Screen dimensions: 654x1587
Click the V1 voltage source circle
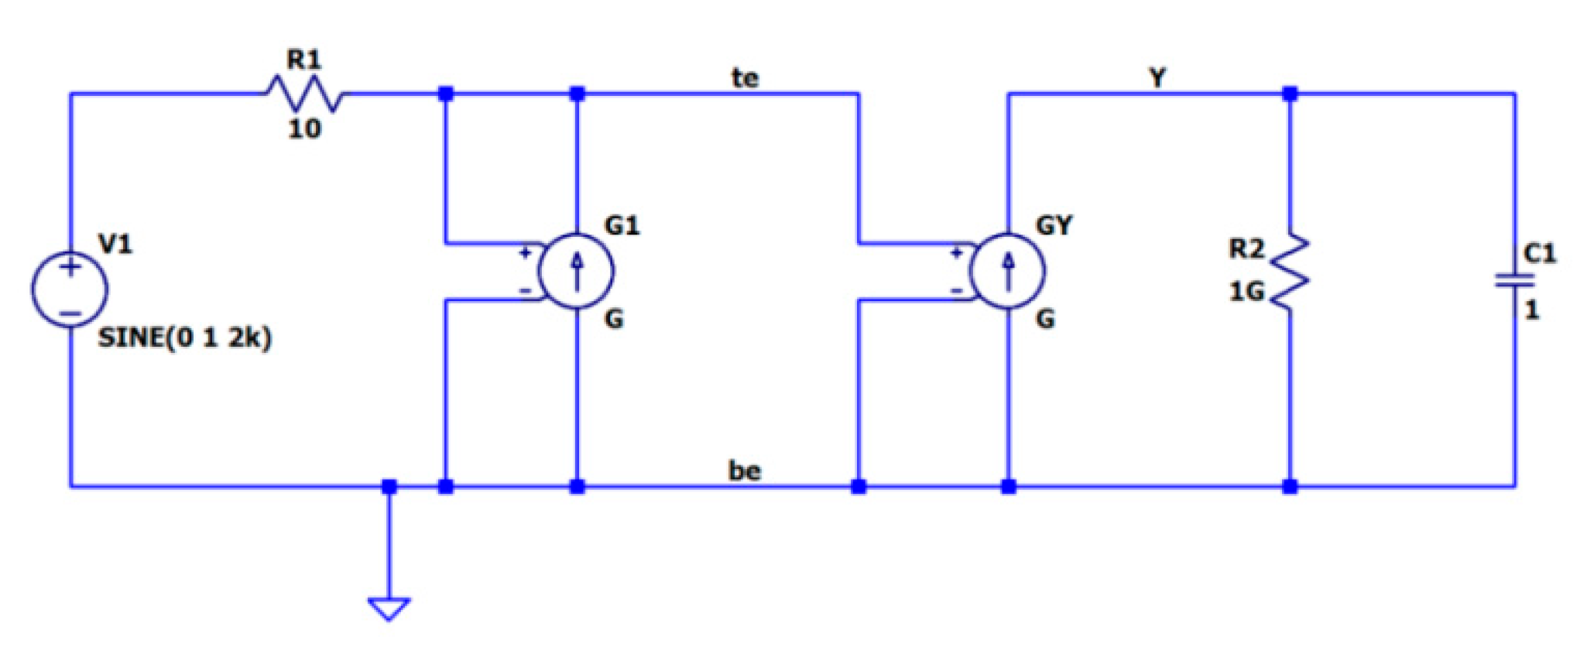click(x=70, y=289)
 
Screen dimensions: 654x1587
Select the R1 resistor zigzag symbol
click(x=306, y=94)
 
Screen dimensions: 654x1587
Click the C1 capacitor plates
click(x=1514, y=280)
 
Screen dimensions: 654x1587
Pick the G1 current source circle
click(x=577, y=271)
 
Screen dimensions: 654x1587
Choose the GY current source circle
click(x=1008, y=271)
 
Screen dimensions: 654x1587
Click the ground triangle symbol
click(x=389, y=608)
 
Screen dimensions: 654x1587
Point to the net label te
click(x=745, y=77)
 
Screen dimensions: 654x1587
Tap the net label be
click(x=745, y=470)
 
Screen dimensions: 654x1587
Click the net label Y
click(x=1157, y=77)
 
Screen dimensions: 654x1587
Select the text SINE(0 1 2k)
click(x=185, y=338)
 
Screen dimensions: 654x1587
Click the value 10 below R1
click(x=304, y=128)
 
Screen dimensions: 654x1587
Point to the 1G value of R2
click(x=1246, y=292)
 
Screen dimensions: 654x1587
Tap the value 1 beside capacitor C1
click(x=1531, y=310)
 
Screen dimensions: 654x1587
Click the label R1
click(x=303, y=59)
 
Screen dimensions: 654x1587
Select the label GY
click(x=1054, y=225)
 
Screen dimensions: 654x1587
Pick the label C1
click(x=1539, y=253)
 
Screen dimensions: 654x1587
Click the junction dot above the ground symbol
click(x=389, y=487)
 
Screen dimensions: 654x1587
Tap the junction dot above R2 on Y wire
click(x=1290, y=94)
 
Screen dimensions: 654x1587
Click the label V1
click(x=116, y=245)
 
